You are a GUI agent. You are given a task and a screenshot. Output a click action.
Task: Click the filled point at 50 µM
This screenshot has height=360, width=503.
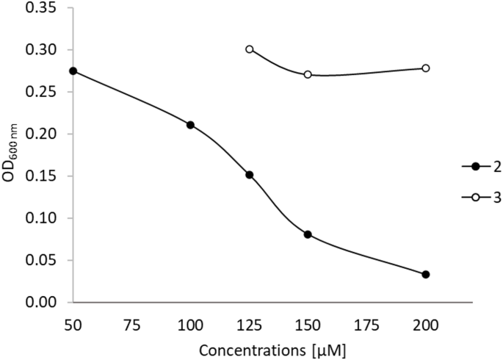73,71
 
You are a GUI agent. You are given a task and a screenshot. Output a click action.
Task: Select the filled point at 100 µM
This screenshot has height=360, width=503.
190,125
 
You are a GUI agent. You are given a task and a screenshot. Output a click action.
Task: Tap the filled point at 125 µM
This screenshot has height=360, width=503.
249,175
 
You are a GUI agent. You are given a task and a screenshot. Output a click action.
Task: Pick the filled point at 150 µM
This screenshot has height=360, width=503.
308,234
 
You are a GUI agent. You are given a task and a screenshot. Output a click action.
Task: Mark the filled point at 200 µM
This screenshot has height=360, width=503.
425,274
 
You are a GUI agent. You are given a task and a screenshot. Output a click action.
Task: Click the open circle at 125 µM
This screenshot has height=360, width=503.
249,49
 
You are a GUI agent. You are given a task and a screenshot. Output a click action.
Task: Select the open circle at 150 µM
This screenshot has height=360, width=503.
308,74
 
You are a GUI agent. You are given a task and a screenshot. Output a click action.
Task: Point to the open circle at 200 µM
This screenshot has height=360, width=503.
425,68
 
